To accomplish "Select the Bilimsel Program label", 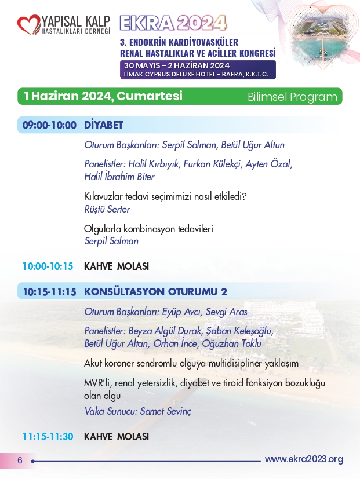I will tap(292, 97).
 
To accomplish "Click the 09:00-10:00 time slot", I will tap(49, 125).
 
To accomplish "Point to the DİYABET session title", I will tap(104, 125).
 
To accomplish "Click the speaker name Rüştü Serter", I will tap(107, 209).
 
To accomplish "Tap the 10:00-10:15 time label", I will tap(48, 266).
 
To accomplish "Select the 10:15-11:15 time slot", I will tap(49, 292).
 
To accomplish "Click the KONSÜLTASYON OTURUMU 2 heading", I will tap(156, 292).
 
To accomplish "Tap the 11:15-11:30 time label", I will tap(48, 436).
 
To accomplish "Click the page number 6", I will tap(19, 460).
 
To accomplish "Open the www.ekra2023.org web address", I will tap(304, 459).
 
